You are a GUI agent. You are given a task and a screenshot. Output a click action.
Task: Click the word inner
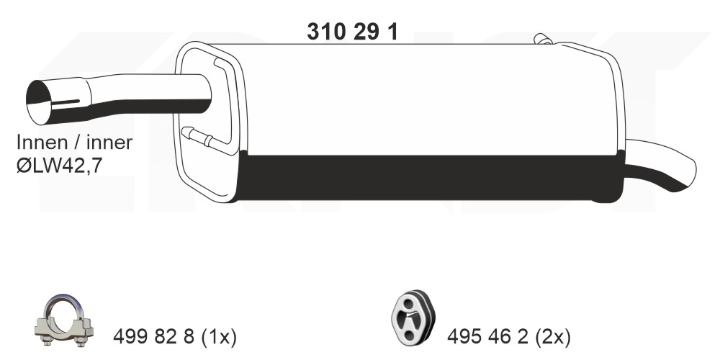[x=109, y=143]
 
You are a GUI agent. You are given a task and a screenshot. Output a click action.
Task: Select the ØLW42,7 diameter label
[x=59, y=166]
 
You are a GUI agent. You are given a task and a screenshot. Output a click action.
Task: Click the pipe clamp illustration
[x=64, y=320]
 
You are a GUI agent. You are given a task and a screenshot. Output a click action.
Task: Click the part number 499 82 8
[x=155, y=338]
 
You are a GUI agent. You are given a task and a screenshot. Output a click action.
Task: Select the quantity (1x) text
[x=219, y=338]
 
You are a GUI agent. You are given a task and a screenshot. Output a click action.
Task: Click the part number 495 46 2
[x=489, y=338]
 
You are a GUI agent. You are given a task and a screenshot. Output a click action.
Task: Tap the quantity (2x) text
[x=553, y=338]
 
